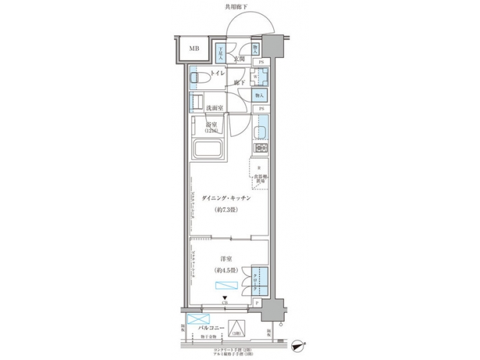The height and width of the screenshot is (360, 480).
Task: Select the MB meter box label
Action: tap(193, 49)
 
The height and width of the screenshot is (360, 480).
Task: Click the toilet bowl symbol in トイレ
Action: tap(198, 79)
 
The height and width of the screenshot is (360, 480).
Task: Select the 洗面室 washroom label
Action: tap(214, 107)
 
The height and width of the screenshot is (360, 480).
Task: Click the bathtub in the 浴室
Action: tap(207, 150)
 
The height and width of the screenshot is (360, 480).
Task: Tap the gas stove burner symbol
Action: tap(261, 147)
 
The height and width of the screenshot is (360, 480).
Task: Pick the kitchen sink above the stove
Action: tap(261, 127)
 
